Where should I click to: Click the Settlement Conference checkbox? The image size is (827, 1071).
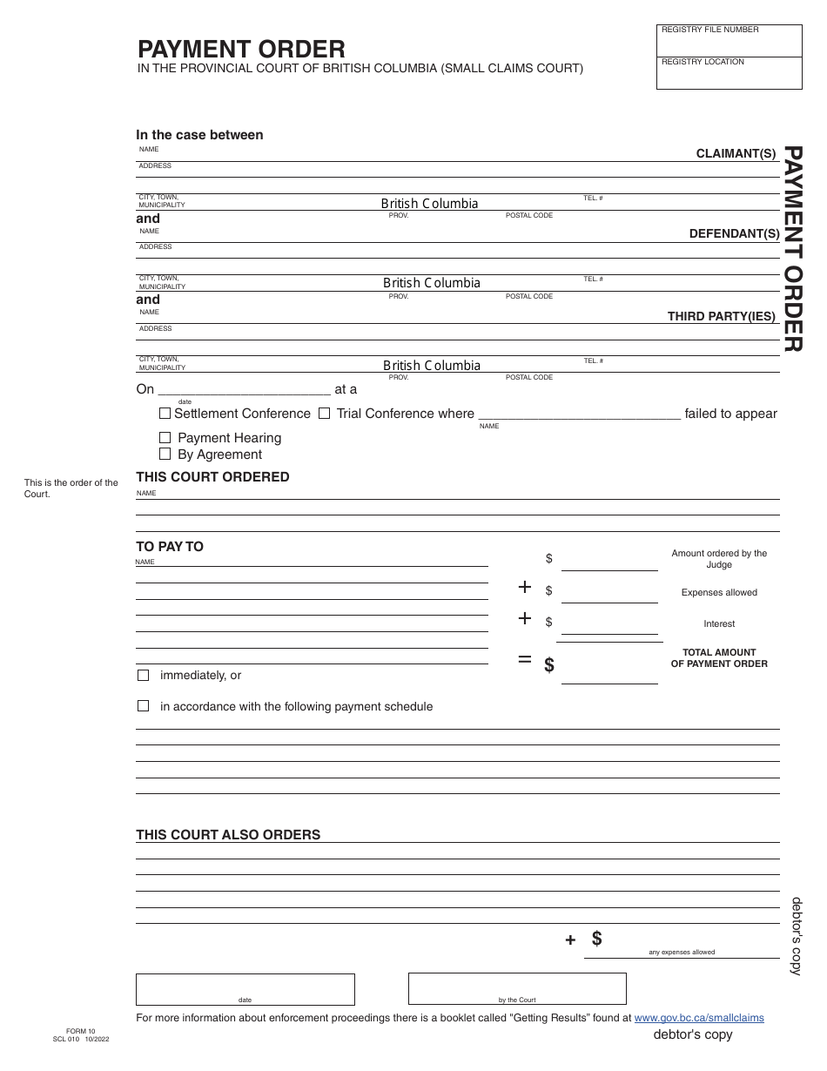pyautogui.click(x=165, y=414)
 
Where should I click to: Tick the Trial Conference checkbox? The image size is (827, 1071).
pyautogui.click(x=324, y=414)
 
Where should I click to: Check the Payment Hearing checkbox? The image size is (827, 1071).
pyautogui.click(x=165, y=438)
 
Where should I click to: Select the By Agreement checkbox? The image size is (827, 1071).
pyautogui.click(x=165, y=455)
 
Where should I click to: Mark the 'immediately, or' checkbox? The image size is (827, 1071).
pyautogui.click(x=143, y=676)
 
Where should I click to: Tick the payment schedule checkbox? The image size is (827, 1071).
pyautogui.click(x=143, y=706)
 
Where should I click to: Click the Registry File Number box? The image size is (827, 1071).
pyautogui.click(x=729, y=41)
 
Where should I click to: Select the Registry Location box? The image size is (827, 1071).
pyautogui.click(x=729, y=73)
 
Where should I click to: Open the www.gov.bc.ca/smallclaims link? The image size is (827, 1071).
pyautogui.click(x=699, y=1018)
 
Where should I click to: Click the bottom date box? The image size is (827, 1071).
pyautogui.click(x=245, y=989)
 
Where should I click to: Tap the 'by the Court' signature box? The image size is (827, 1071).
pyautogui.click(x=517, y=989)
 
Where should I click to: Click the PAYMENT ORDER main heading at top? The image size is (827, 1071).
pyautogui.click(x=241, y=49)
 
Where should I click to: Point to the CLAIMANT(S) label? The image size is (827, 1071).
pyautogui.click(x=736, y=153)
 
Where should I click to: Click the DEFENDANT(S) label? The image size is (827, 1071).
pyautogui.click(x=734, y=233)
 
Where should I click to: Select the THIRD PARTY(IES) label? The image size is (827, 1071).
pyautogui.click(x=721, y=316)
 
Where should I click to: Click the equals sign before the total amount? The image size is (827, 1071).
pyautogui.click(x=524, y=659)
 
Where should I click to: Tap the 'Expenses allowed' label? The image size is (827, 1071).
pyautogui.click(x=719, y=593)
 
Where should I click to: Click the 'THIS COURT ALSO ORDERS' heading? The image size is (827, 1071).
pyautogui.click(x=228, y=835)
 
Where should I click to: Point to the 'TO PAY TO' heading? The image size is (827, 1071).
pyautogui.click(x=170, y=547)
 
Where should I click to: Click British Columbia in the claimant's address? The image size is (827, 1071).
pyautogui.click(x=429, y=204)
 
